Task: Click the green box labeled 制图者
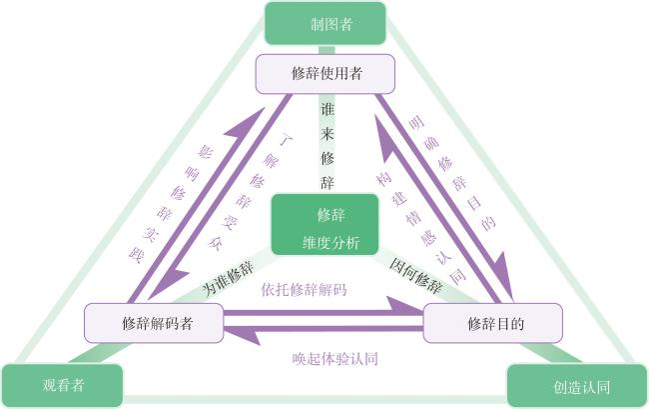[325, 23]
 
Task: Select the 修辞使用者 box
[324, 74]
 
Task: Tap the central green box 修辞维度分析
[324, 224]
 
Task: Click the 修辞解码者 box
[154, 323]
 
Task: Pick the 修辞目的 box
[492, 323]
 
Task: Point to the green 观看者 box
[63, 385]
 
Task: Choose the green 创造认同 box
[577, 386]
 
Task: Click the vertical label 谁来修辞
[326, 146]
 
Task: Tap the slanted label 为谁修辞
[229, 278]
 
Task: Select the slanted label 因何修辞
[416, 276]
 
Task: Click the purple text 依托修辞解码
[304, 290]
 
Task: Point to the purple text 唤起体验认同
[334, 359]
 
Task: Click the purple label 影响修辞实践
[170, 204]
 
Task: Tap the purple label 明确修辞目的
[452, 173]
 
